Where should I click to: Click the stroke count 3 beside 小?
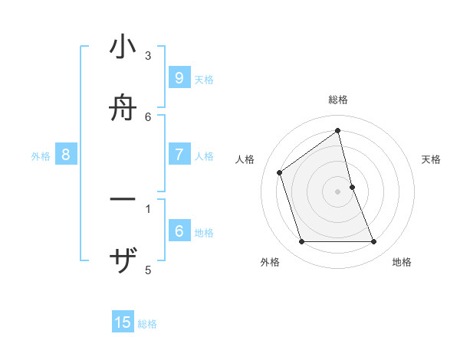click(148, 56)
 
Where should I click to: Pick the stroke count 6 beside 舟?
click(148, 116)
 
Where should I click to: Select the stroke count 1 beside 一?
click(148, 208)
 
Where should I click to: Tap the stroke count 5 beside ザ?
click(148, 270)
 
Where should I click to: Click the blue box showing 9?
click(179, 77)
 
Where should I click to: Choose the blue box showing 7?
click(179, 155)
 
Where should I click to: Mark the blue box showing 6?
click(179, 231)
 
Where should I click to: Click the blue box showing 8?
click(66, 155)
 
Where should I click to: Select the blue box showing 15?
click(123, 322)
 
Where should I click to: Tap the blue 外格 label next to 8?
click(41, 156)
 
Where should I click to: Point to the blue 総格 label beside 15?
click(147, 324)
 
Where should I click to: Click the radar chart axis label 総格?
click(338, 100)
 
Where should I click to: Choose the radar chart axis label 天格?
click(431, 159)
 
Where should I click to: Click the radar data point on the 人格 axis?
click(280, 172)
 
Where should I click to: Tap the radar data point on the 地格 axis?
click(374, 242)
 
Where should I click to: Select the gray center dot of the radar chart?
click(338, 191)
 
